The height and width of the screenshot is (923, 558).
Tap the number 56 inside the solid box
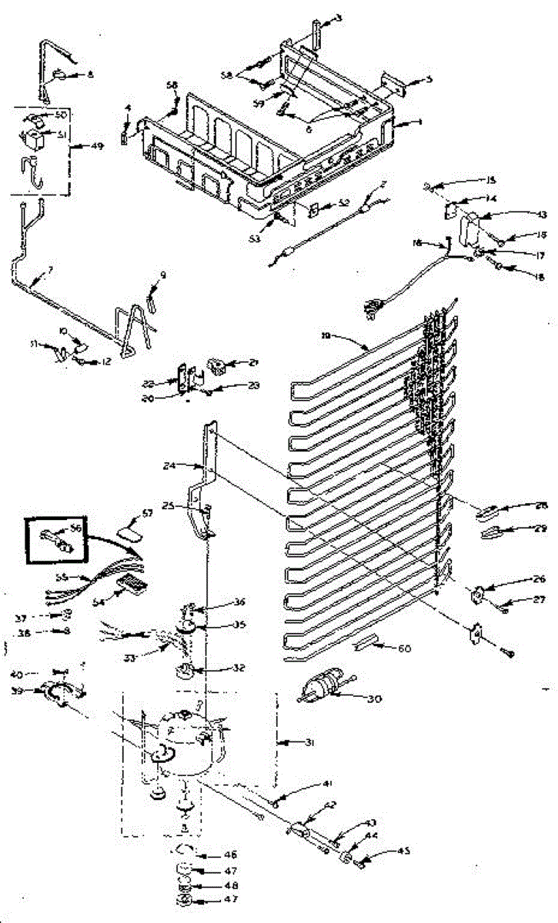tap(75, 528)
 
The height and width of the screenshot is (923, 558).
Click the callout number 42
tap(331, 805)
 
